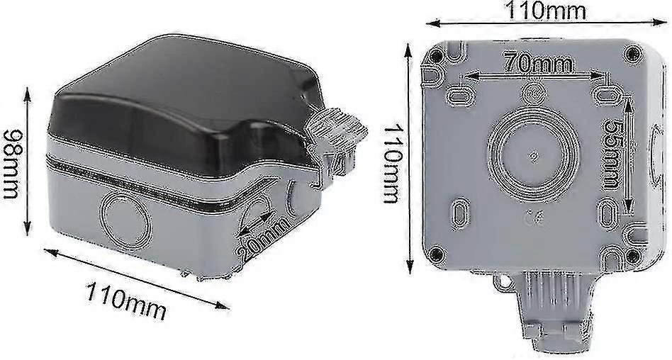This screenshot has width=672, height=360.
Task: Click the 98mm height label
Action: click(x=11, y=164)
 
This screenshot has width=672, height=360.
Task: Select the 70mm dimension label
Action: click(x=538, y=64)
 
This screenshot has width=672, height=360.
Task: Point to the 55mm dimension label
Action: click(x=612, y=154)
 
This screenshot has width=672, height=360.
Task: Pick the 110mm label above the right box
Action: click(x=546, y=11)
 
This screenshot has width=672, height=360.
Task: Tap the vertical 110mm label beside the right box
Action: click(x=392, y=164)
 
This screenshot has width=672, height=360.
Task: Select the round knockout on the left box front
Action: click(x=125, y=221)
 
